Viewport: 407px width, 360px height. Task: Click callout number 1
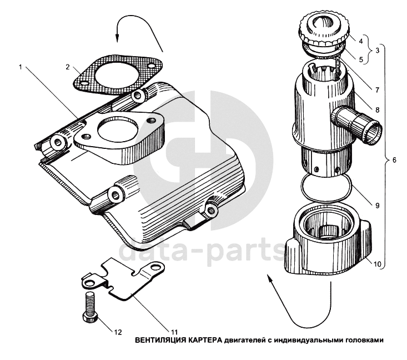point(21,67)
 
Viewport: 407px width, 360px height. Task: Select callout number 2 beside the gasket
point(67,67)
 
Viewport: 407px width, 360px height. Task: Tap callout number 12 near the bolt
point(118,333)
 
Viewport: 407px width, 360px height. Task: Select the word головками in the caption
point(360,339)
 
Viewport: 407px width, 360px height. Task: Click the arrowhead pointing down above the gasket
point(117,38)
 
